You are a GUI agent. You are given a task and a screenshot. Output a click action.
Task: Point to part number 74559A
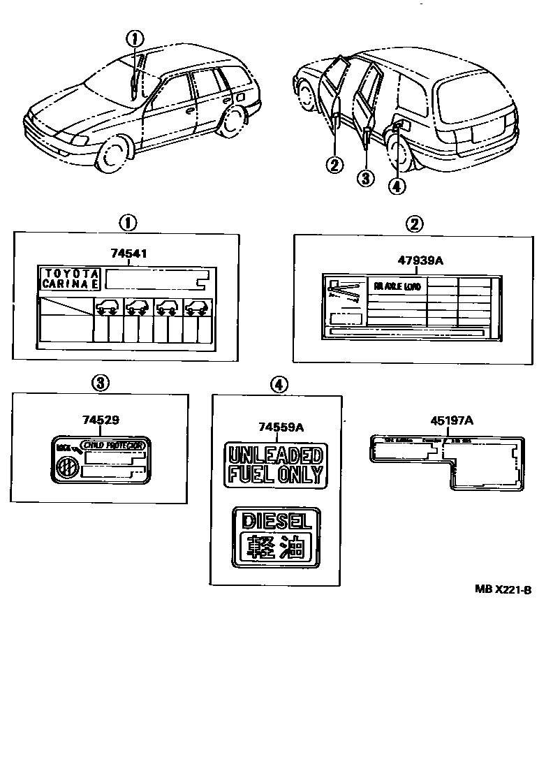[275, 427]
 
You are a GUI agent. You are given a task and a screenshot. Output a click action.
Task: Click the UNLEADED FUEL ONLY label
[275, 465]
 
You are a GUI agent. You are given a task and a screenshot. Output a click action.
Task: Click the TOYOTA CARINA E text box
[69, 278]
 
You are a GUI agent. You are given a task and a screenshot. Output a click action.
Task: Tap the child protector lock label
[102, 461]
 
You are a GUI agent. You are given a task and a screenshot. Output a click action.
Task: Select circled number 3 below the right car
[366, 177]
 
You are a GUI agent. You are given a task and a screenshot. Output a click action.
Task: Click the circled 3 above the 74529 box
[101, 383]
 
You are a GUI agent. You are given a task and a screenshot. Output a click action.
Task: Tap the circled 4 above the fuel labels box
[277, 383]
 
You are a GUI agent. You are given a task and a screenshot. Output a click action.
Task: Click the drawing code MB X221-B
[503, 589]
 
